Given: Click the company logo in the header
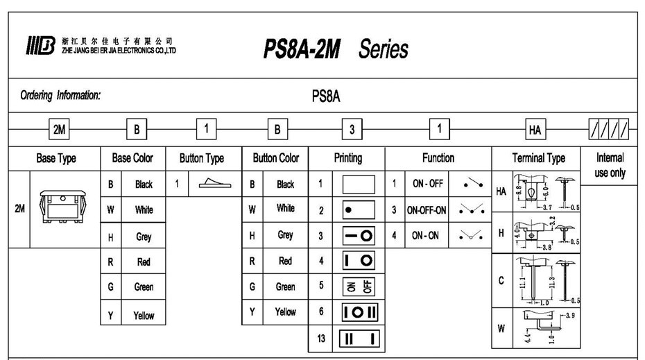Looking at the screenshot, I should tap(41, 47).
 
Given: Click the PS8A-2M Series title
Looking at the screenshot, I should tap(336, 49).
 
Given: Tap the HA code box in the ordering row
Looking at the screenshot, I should tap(535, 129).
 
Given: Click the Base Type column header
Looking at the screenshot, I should tap(56, 158).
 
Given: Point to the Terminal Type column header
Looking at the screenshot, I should tap(538, 158).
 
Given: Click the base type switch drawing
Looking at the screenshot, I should tap(65, 208).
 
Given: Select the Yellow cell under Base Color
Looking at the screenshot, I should tap(144, 316).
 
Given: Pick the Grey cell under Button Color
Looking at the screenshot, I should tap(285, 235).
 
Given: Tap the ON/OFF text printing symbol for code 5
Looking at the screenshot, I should tap(358, 286).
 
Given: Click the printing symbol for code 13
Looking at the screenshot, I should tap(358, 338).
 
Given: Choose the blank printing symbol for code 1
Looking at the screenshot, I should tap(358, 185).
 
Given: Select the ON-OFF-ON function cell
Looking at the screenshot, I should tap(427, 209).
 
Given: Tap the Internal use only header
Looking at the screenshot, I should tap(610, 165).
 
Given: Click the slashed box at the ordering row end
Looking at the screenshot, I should tap(610, 128).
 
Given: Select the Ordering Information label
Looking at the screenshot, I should tap(60, 96).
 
